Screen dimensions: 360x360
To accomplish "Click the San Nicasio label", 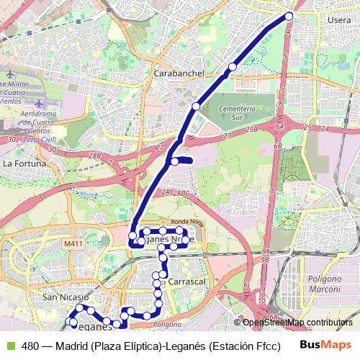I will [65, 297].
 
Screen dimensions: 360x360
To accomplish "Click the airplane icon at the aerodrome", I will [10, 74].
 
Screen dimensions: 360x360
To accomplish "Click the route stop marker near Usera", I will [289, 16].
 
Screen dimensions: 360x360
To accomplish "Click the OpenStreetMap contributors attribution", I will [297, 323].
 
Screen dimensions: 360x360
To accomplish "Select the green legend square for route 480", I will [11, 346].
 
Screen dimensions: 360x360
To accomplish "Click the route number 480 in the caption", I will [30, 346].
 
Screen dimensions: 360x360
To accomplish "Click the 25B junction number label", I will [251, 129].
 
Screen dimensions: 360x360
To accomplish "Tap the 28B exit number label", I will [94, 156].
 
